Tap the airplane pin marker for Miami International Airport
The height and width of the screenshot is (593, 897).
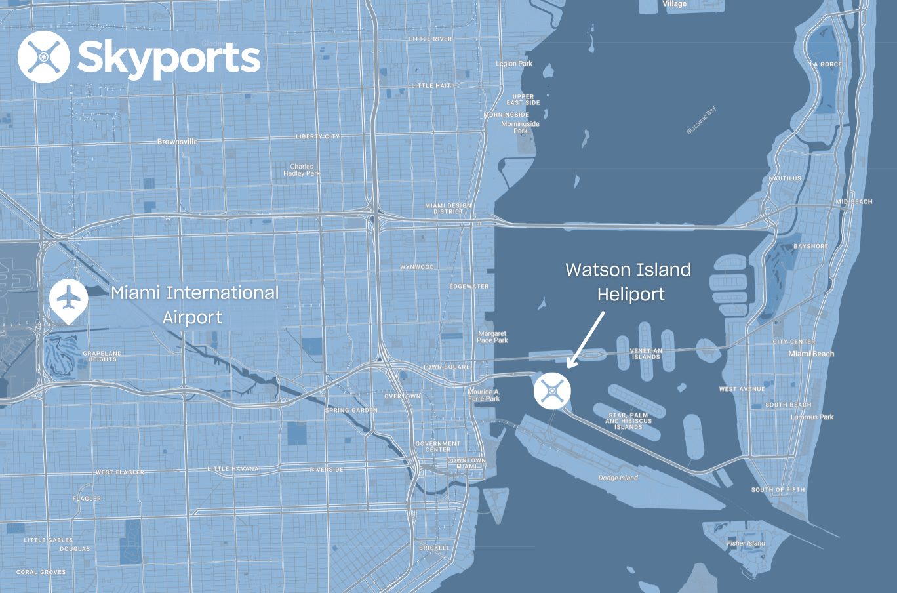tap(68, 300)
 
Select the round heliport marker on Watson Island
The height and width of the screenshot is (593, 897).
tap(552, 390)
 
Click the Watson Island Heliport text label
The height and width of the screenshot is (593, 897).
tap(628, 282)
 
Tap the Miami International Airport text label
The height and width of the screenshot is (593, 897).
tap(194, 304)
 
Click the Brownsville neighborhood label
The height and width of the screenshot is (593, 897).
tap(177, 142)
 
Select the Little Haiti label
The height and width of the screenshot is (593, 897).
tap(431, 86)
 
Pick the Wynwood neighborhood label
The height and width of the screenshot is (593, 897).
tap(417, 267)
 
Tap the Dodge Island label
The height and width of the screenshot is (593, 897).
tap(618, 478)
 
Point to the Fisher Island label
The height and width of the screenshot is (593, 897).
tap(746, 543)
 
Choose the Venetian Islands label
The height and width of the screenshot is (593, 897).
tap(646, 354)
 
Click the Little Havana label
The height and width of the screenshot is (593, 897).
tap(233, 469)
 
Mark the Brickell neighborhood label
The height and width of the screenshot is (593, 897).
tap(434, 548)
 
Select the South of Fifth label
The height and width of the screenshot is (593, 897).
tap(778, 490)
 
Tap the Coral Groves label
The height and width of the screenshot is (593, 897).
tap(41, 572)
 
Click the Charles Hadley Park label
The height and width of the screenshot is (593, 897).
tap(302, 170)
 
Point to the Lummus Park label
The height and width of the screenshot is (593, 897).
tap(812, 417)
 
